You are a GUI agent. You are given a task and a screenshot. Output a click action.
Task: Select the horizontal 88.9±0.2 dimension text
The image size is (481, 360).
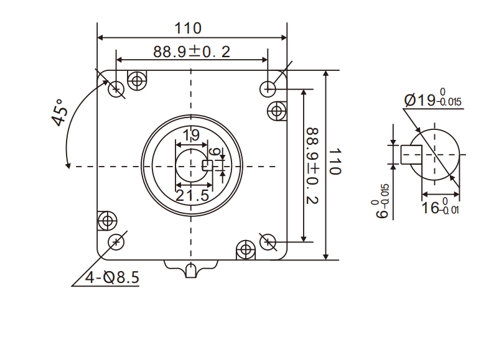[192, 52]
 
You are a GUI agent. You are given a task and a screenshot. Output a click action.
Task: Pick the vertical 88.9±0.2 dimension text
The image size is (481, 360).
[312, 165]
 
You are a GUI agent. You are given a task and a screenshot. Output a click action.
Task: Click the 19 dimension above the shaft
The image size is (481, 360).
[191, 135]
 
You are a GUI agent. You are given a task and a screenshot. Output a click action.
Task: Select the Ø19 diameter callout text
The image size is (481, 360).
[432, 99]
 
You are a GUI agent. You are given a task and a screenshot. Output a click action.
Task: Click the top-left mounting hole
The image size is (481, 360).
[116, 90]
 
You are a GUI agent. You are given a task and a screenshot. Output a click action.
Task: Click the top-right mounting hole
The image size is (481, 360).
[268, 88]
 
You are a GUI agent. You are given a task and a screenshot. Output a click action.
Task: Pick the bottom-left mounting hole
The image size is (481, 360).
[116, 241]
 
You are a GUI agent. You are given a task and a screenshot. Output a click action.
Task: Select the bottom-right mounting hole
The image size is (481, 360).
[268, 241]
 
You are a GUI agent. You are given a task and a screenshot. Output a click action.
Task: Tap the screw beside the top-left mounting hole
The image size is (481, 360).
[137, 79]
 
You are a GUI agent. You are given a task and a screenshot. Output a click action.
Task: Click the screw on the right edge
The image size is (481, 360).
[277, 111]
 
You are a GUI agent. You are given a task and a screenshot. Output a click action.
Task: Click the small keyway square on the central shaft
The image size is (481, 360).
[208, 165]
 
